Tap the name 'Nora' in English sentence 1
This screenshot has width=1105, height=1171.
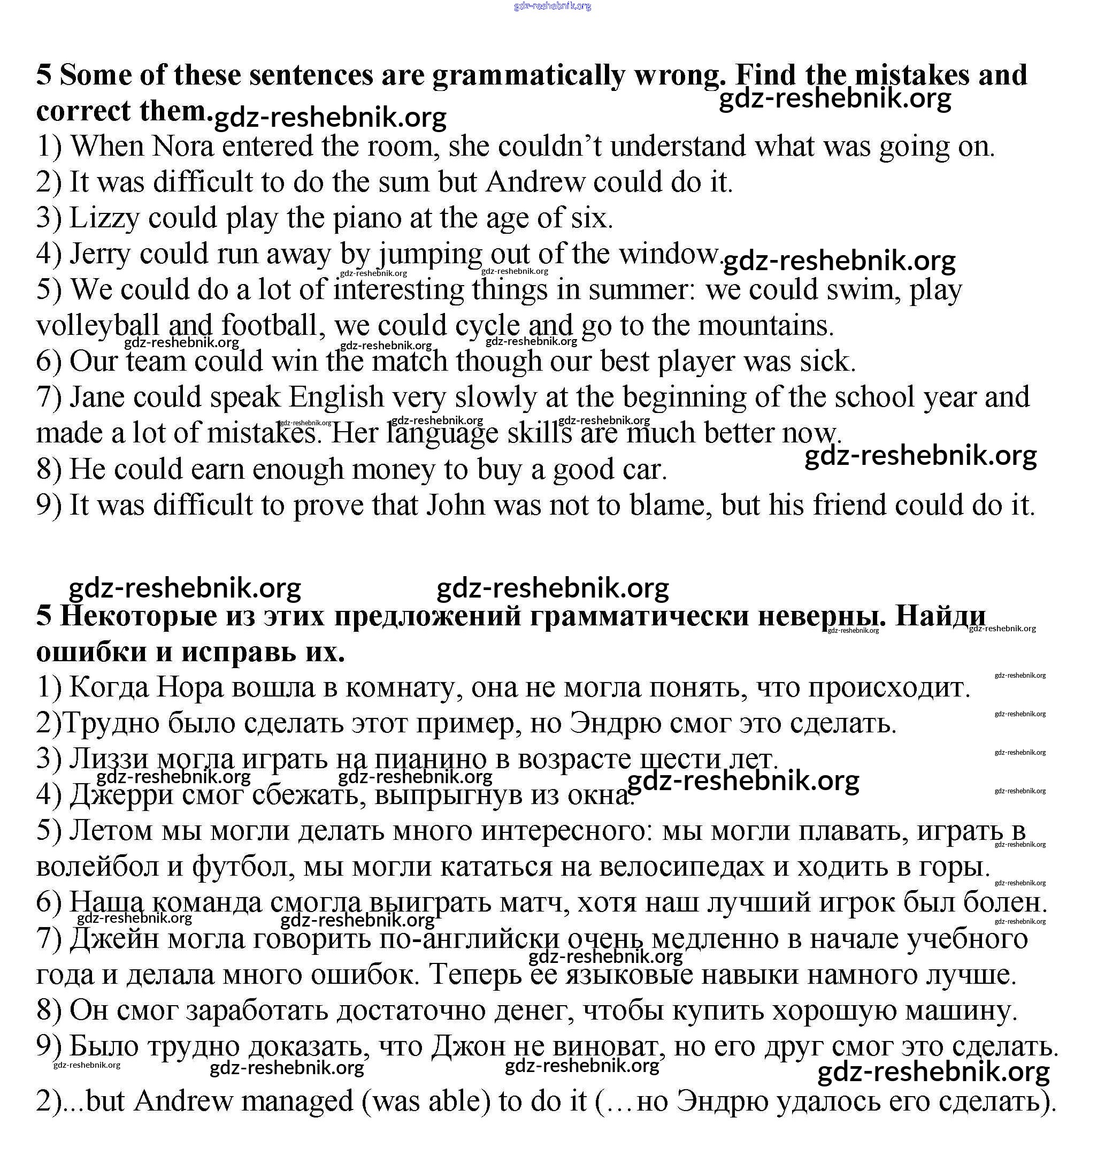pos(182,147)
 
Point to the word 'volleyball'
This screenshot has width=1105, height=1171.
pos(98,326)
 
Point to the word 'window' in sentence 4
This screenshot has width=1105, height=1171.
pos(669,255)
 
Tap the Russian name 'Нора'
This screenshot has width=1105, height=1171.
pos(190,687)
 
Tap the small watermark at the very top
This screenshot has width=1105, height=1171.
pos(552,6)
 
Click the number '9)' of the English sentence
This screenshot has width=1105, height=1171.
pos(48,506)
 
